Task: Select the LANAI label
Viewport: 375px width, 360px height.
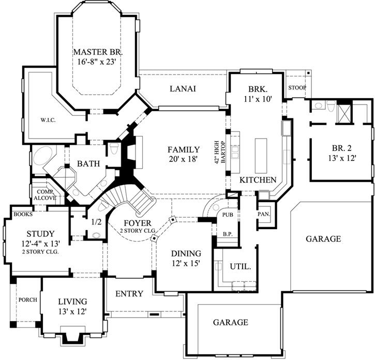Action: (x=183, y=88)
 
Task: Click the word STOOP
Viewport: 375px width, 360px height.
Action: (x=296, y=87)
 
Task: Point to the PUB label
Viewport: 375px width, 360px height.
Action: (x=227, y=214)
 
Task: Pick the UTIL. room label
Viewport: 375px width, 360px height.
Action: (x=241, y=267)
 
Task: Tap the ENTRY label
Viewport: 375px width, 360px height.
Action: (x=129, y=294)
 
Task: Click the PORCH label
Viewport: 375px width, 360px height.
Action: (x=27, y=299)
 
